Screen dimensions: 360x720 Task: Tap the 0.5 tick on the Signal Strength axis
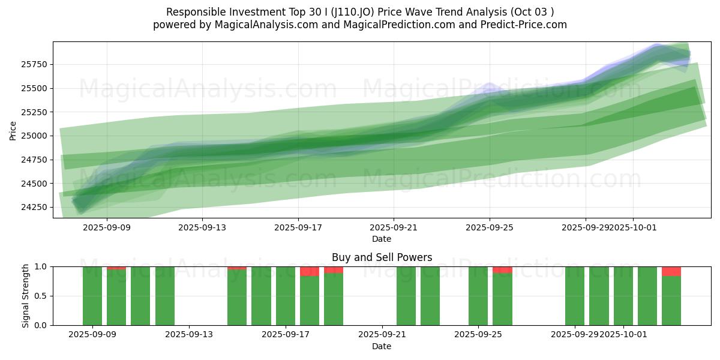click(43, 296)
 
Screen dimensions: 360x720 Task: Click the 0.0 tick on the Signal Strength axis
click(43, 325)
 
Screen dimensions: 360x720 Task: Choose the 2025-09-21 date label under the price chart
click(394, 227)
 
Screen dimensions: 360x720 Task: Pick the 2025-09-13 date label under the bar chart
click(189, 335)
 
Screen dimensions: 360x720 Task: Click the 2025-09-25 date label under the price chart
click(490, 227)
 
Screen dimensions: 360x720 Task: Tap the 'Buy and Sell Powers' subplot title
click(382, 257)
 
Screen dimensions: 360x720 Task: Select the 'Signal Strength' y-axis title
click(26, 296)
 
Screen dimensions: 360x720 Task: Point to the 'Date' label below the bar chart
click(382, 346)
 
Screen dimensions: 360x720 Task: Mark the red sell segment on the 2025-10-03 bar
click(671, 271)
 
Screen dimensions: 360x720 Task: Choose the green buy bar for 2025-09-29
click(575, 296)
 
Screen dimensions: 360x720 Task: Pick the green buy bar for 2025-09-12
click(165, 296)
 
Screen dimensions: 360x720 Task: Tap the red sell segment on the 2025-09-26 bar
click(502, 270)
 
